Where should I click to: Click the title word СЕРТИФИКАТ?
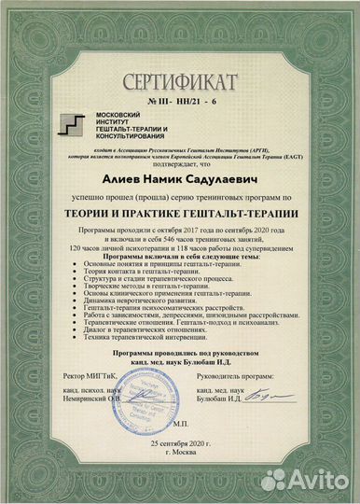(180, 77)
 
